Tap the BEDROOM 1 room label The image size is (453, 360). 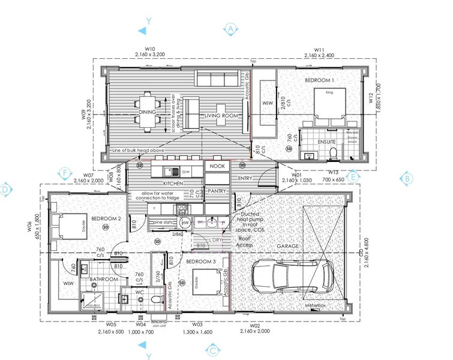point(319,80)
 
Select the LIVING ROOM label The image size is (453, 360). point(222,115)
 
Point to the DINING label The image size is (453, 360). point(147,112)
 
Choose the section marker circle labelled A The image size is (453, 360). point(231,29)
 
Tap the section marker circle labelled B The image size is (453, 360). point(407,179)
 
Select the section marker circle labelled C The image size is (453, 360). point(214,350)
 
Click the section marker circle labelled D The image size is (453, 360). point(7,190)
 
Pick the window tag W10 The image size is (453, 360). point(150,49)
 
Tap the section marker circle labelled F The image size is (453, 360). point(65,173)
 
